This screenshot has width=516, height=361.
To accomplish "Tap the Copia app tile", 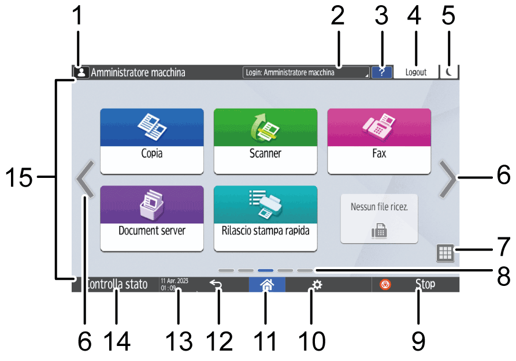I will tap(152, 140).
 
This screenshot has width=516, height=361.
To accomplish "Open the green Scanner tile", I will tap(265, 140).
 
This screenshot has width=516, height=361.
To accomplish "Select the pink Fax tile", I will tap(379, 140).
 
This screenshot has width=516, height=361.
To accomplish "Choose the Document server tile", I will tap(152, 218).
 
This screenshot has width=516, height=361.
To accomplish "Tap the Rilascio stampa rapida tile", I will tap(265, 218).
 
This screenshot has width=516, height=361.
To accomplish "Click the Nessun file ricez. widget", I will tap(379, 218).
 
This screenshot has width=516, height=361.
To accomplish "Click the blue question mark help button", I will tap(381, 72).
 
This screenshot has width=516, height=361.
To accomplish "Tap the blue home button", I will tap(266, 285).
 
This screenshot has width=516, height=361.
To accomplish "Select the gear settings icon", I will tap(315, 285).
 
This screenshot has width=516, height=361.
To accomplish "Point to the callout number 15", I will tap(23, 177).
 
